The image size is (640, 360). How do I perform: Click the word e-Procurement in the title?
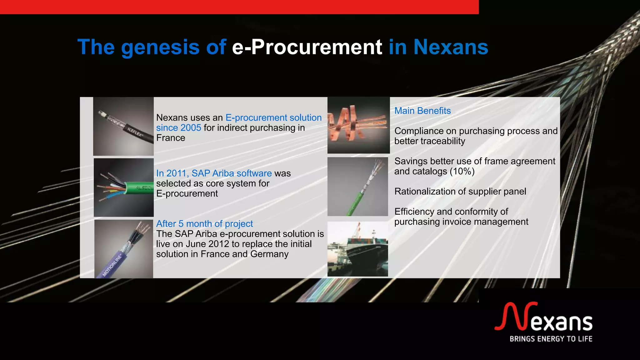click(307, 47)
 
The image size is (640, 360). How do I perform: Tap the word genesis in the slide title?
click(160, 47)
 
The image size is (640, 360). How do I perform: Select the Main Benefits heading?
click(422, 111)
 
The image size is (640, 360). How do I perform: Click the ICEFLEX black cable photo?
click(123, 126)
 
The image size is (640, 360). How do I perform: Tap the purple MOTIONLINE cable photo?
click(124, 249)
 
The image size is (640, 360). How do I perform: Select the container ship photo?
click(357, 249)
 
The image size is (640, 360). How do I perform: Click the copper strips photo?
click(358, 125)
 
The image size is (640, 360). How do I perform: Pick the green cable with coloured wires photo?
click(124, 187)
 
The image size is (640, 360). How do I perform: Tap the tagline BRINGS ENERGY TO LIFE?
click(551, 339)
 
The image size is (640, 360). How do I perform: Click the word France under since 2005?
click(171, 138)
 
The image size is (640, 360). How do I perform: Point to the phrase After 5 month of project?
click(204, 224)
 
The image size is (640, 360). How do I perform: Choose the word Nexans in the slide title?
click(451, 47)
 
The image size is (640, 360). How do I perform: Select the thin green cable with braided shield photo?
click(357, 187)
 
